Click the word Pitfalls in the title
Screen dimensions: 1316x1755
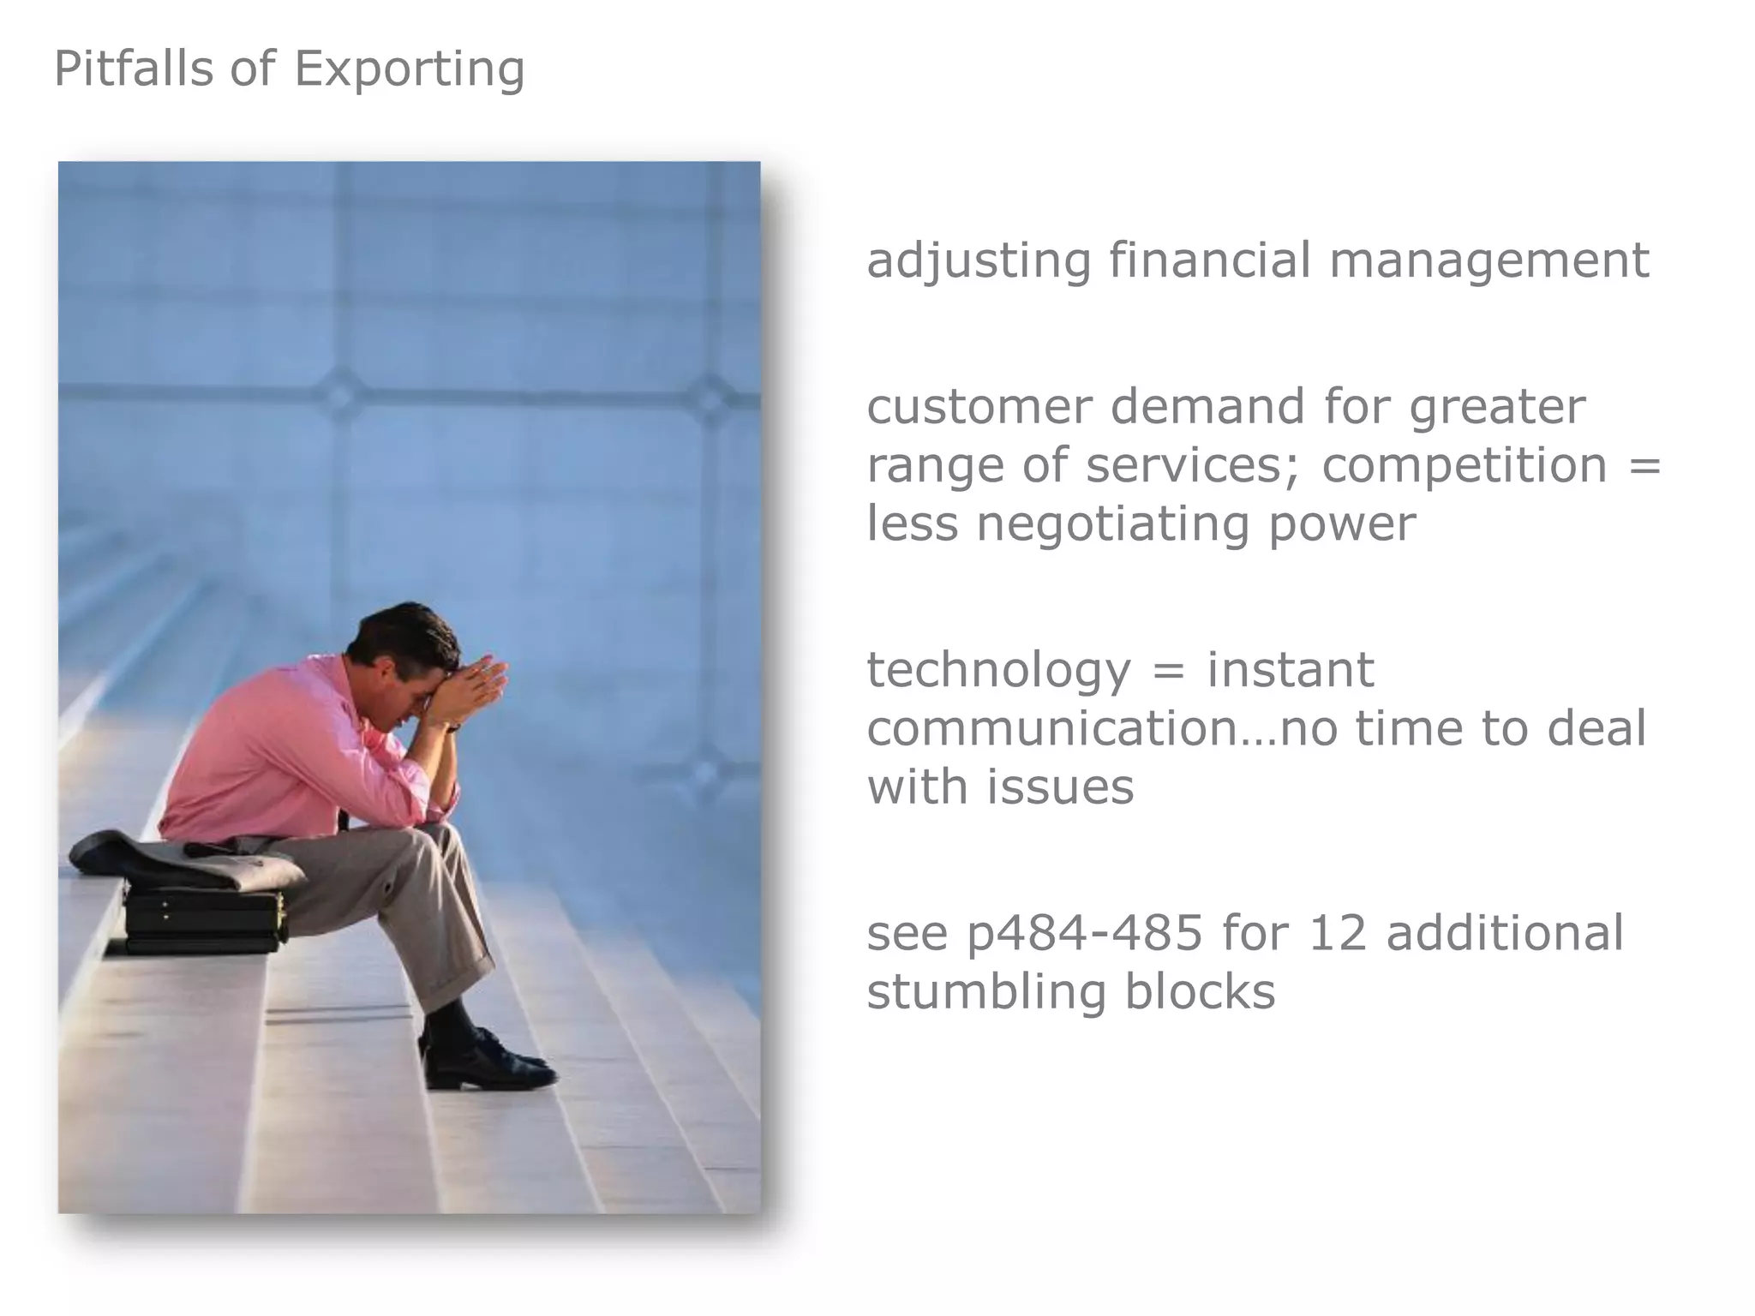(133, 69)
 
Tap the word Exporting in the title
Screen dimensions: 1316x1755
(409, 70)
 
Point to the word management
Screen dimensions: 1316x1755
(1488, 260)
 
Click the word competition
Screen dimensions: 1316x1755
(1464, 465)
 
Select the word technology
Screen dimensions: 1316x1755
(998, 671)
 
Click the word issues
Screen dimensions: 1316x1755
(1060, 787)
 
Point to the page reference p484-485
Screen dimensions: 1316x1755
(1085, 933)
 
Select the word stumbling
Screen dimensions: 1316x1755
(985, 992)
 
